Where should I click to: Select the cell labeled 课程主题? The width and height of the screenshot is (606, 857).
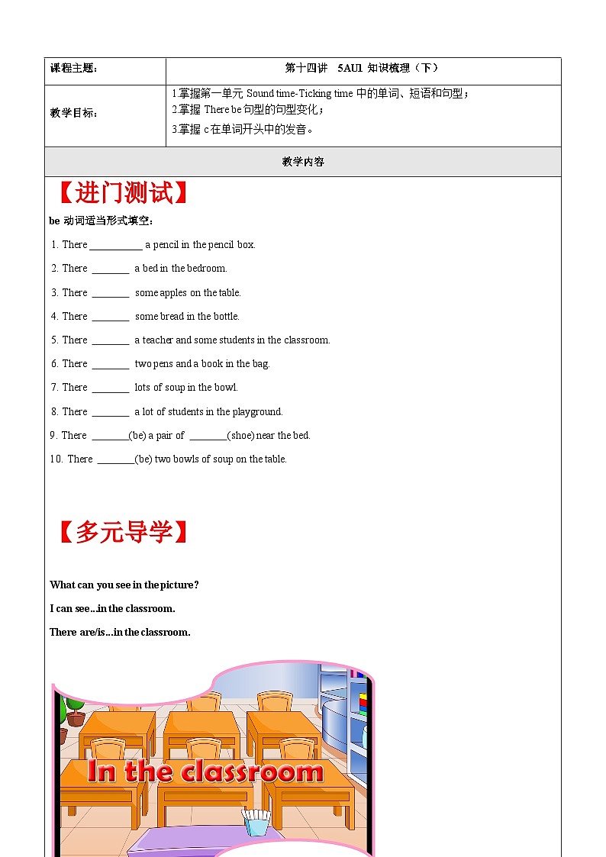click(74, 68)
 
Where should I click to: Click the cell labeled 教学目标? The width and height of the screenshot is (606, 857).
click(74, 113)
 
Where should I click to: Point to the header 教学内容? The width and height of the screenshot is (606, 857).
click(303, 162)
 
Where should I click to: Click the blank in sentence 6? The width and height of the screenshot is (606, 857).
click(111, 365)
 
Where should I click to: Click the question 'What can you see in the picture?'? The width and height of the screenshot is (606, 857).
click(124, 585)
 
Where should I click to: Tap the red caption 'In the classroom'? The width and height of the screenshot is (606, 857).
click(205, 771)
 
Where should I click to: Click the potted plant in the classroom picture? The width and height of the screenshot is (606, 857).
click(74, 710)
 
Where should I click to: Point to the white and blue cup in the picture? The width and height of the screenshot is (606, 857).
click(255, 823)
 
